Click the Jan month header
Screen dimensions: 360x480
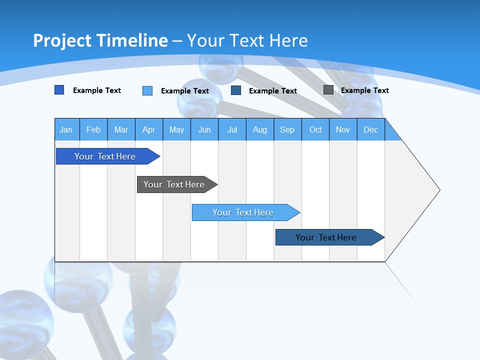(x=66, y=129)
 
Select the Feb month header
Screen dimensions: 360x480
(x=93, y=129)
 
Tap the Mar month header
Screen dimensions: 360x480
(x=121, y=129)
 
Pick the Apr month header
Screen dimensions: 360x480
(x=149, y=129)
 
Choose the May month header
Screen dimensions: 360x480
(x=176, y=129)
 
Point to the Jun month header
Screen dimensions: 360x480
(x=204, y=129)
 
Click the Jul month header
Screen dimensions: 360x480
(x=232, y=129)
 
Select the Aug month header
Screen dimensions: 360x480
(x=260, y=129)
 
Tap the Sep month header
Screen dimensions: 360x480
(x=287, y=129)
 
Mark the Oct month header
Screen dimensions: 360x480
(x=315, y=129)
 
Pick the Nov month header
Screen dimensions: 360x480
(x=343, y=129)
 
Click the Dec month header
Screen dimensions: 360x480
(x=371, y=129)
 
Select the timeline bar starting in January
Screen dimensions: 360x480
(x=105, y=156)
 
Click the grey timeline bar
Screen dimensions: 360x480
(x=174, y=184)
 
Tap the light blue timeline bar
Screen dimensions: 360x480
(x=243, y=212)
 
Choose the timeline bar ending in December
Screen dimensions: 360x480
(x=326, y=237)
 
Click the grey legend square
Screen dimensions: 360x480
(x=328, y=90)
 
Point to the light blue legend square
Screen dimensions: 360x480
(x=147, y=90)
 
